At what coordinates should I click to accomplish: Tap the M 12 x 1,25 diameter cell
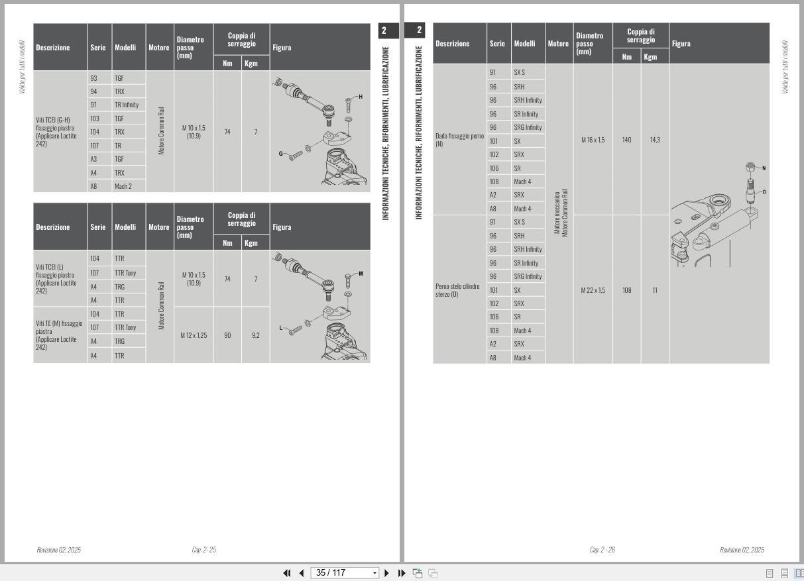pyautogui.click(x=194, y=335)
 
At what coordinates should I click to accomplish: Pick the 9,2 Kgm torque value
pyautogui.click(x=256, y=335)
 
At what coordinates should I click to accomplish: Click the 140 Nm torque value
pyautogui.click(x=626, y=140)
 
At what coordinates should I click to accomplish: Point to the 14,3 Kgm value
pyautogui.click(x=655, y=140)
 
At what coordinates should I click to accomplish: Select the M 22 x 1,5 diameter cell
pyautogui.click(x=593, y=290)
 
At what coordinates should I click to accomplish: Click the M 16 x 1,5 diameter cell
pyautogui.click(x=593, y=140)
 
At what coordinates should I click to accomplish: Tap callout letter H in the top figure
pyautogui.click(x=361, y=97)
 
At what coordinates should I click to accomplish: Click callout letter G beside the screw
pyautogui.click(x=280, y=154)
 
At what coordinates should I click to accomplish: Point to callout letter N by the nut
pyautogui.click(x=764, y=168)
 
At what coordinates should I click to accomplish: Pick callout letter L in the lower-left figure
pyautogui.click(x=280, y=328)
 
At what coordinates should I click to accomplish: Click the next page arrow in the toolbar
pyautogui.click(x=386, y=573)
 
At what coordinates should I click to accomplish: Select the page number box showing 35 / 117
pyautogui.click(x=345, y=573)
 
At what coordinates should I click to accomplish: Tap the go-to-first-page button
pyautogui.click(x=287, y=573)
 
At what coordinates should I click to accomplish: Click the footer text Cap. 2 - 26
pyautogui.click(x=603, y=550)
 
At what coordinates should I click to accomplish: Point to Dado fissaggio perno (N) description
pyautogui.click(x=459, y=140)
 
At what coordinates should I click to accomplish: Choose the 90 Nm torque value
pyautogui.click(x=227, y=335)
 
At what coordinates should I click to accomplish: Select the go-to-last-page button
pyautogui.click(x=402, y=573)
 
